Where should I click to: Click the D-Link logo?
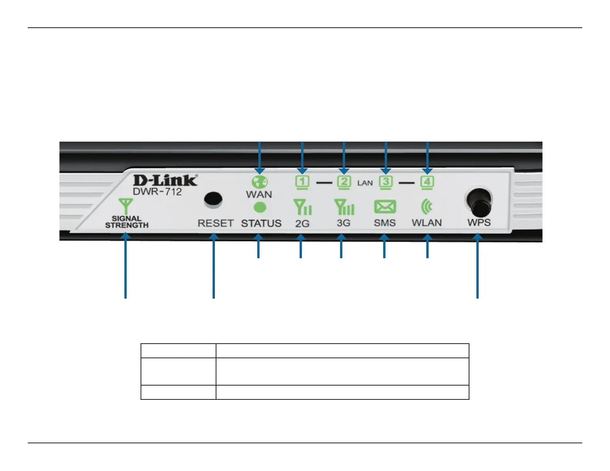[165, 180]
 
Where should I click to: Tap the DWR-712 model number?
[157, 192]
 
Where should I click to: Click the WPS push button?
[478, 203]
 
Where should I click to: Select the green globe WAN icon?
[260, 182]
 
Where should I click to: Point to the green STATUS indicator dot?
[260, 208]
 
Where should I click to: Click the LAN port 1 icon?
[302, 182]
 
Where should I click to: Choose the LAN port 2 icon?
[344, 182]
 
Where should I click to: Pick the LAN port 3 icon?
[385, 182]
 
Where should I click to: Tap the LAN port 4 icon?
[427, 182]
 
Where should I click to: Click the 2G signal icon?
[302, 207]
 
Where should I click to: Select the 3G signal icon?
[344, 207]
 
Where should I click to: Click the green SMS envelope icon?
[385, 207]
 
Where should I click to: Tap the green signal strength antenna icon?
[126, 206]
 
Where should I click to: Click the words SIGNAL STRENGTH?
[127, 222]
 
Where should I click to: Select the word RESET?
[216, 223]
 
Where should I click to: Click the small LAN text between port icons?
[365, 183]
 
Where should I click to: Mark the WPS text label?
[479, 222]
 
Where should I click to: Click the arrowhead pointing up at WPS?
[478, 238]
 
